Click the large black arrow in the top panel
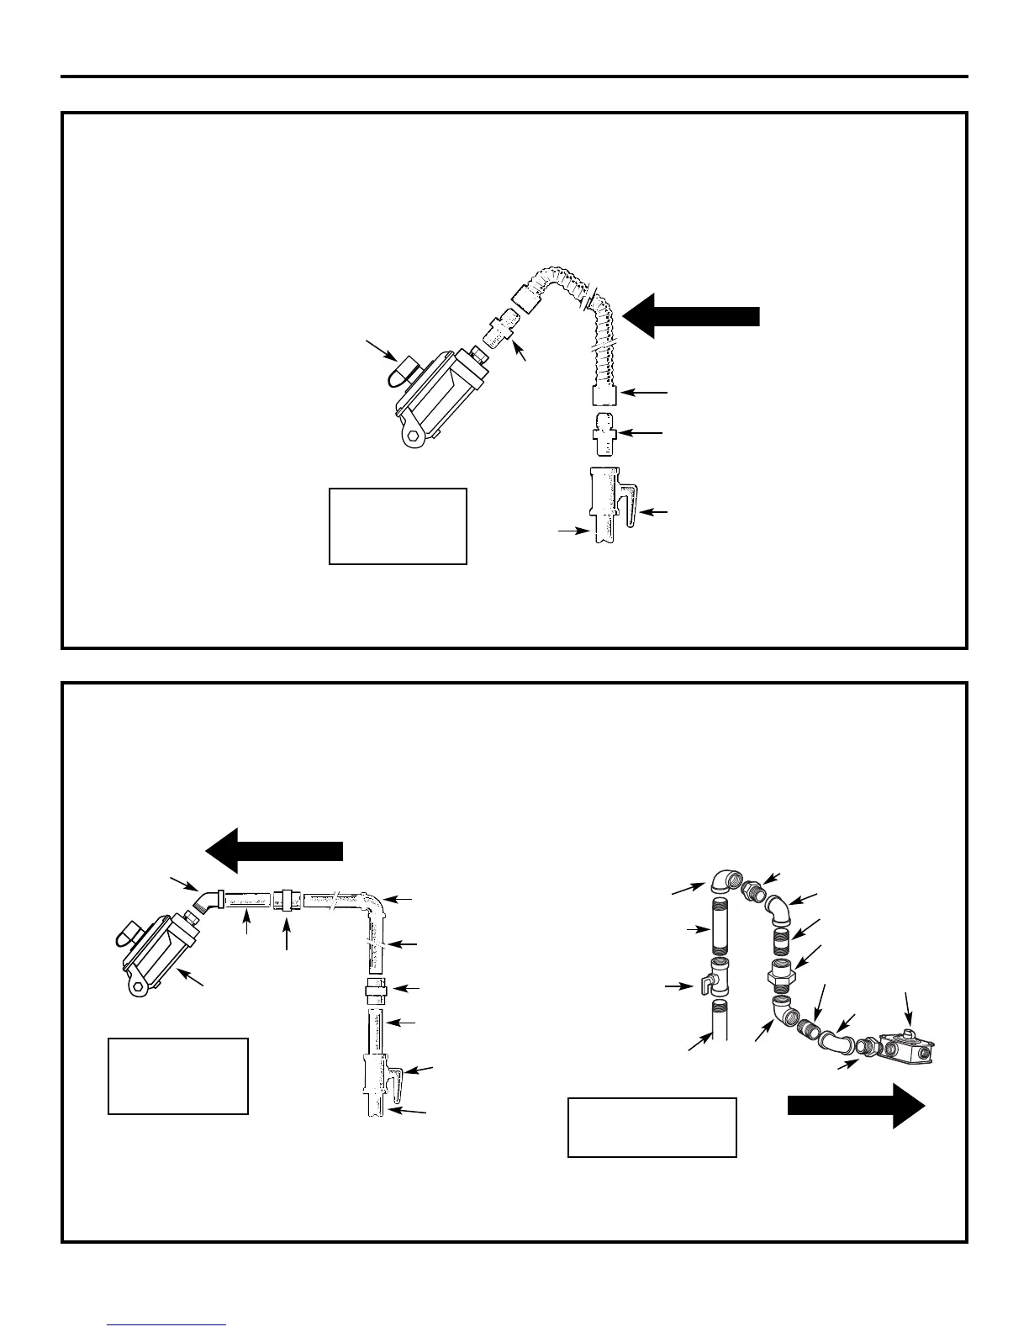coord(694,315)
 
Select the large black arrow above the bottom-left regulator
coord(276,850)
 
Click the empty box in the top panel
coord(398,526)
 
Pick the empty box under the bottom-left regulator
coord(178,1076)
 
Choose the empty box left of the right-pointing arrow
coord(652,1128)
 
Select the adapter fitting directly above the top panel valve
coord(604,432)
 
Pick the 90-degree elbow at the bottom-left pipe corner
coord(372,908)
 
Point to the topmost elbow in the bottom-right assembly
coord(724,881)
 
